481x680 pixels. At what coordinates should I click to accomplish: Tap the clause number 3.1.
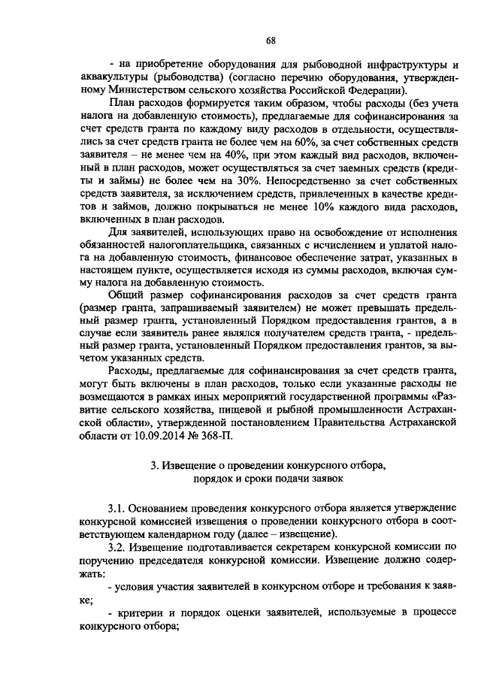coord(116,507)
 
